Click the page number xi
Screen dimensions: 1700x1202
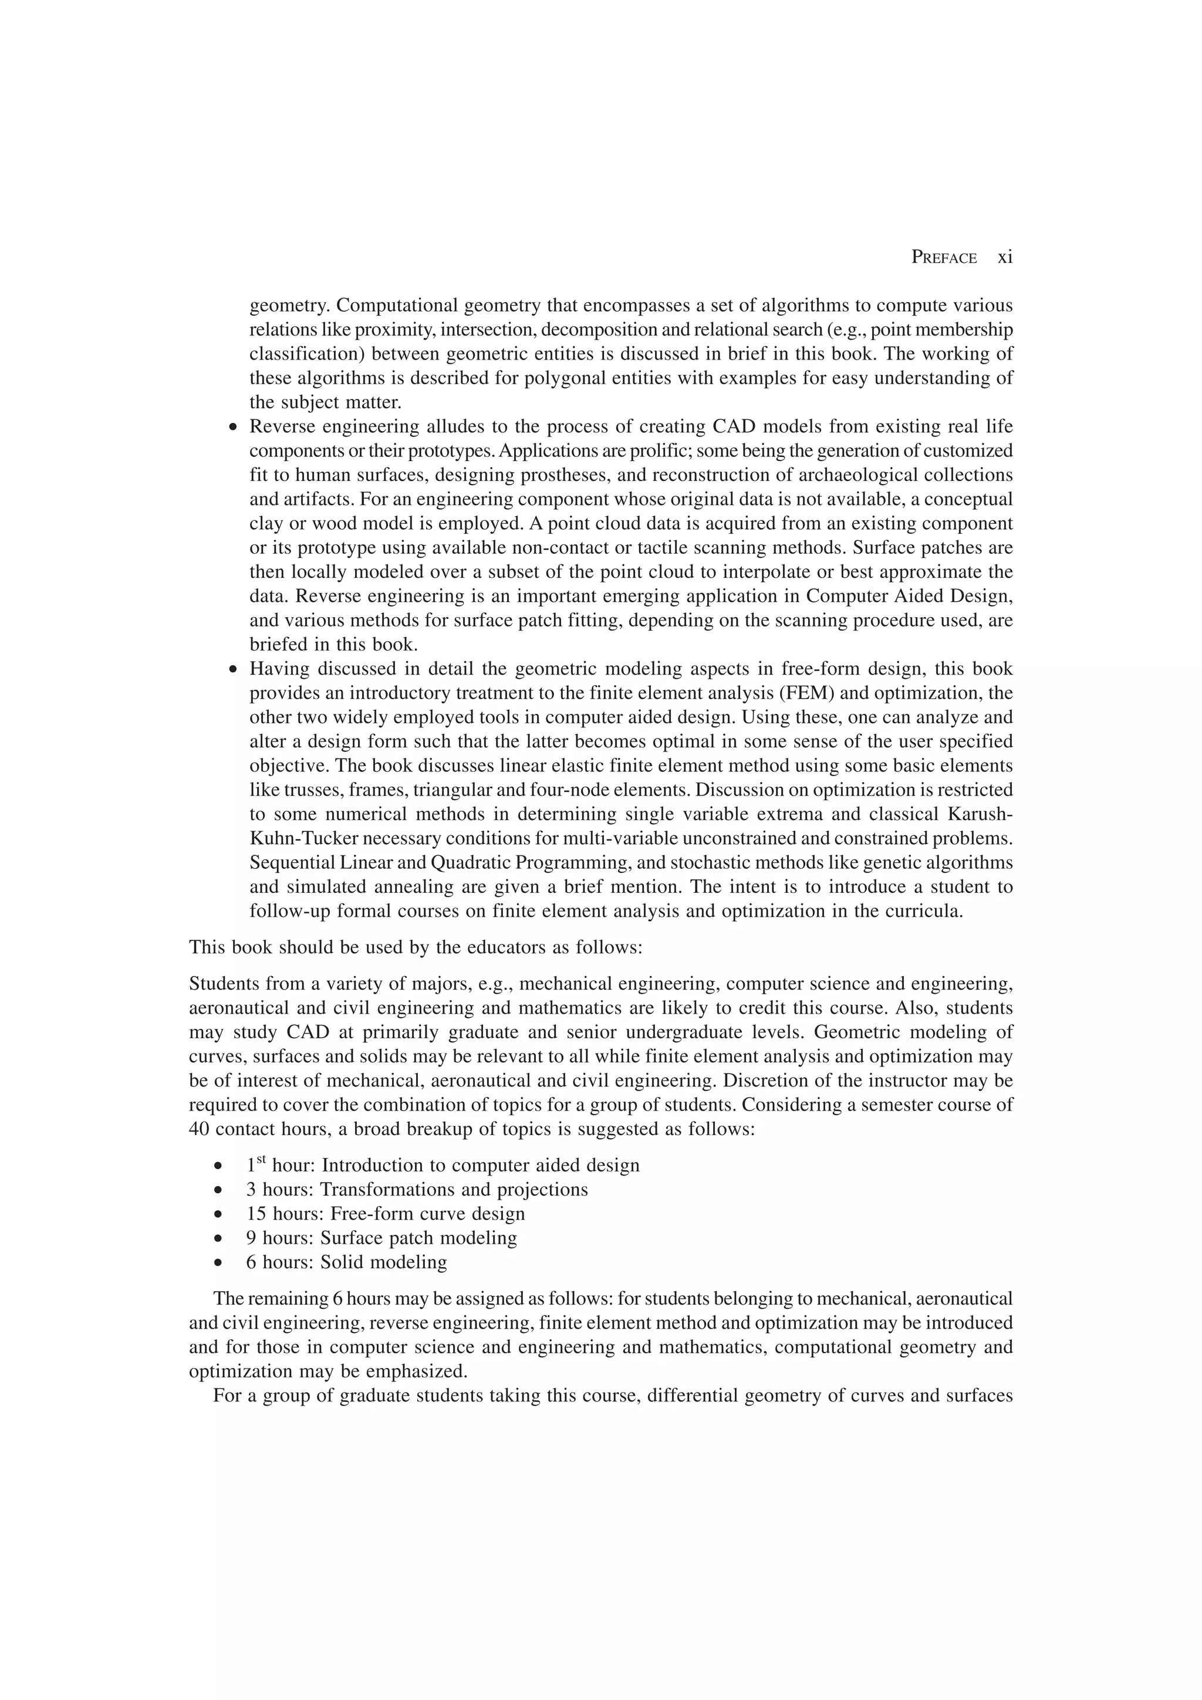point(1004,257)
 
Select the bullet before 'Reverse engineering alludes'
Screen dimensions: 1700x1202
point(234,428)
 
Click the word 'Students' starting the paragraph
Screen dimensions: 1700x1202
point(221,984)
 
